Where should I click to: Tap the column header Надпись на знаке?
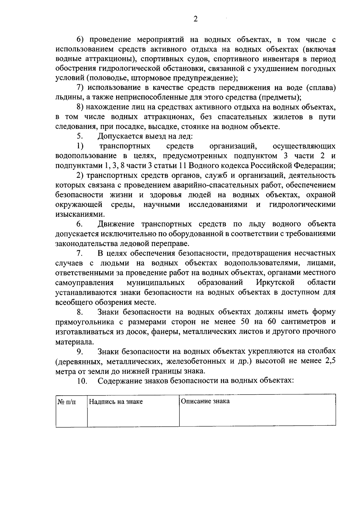116,402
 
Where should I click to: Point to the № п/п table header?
66,402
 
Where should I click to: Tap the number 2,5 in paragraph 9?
330,361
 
